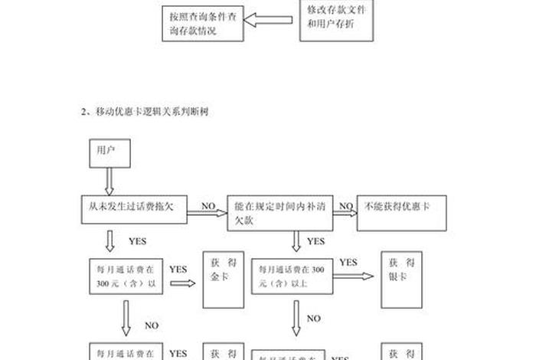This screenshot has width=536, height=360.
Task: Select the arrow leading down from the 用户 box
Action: coord(109,182)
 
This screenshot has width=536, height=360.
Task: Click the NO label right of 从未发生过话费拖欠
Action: coord(208,206)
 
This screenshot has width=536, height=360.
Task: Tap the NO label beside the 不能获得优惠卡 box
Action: coord(346,206)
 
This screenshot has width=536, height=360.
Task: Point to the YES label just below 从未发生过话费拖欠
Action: coord(137,241)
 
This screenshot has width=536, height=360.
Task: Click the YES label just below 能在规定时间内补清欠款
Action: coord(315,241)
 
